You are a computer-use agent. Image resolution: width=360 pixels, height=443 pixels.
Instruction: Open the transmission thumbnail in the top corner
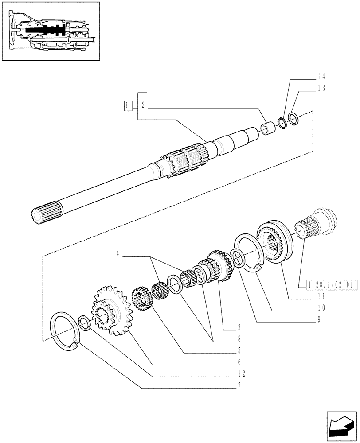click(50, 31)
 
